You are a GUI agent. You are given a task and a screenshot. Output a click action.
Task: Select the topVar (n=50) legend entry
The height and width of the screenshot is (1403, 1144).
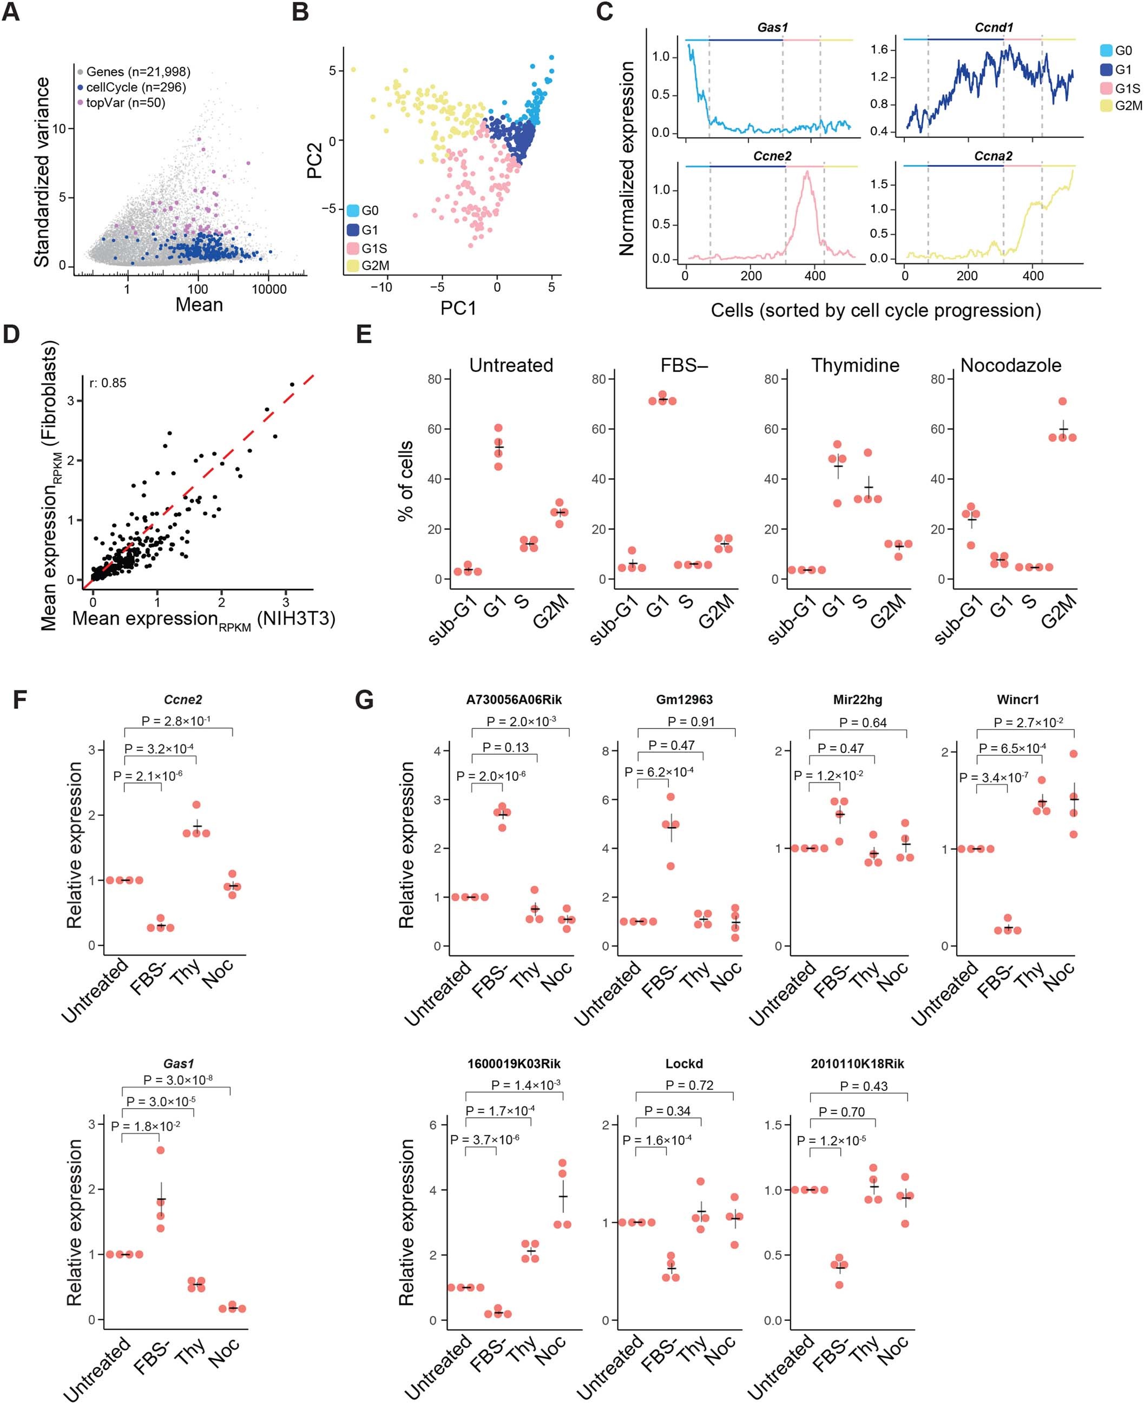(125, 103)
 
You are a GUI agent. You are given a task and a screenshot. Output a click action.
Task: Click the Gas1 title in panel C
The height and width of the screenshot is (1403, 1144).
(772, 28)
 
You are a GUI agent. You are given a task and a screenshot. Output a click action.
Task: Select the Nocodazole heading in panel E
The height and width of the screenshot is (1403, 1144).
(1010, 366)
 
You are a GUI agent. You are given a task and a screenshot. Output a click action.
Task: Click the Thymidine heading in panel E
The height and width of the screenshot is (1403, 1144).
(854, 366)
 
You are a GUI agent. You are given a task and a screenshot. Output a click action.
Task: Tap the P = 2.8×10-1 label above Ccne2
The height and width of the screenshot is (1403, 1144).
(176, 720)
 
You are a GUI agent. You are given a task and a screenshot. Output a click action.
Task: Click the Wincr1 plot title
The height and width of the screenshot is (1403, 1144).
(1017, 700)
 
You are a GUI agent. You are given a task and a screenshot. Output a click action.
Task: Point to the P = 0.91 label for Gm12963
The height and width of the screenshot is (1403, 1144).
(691, 722)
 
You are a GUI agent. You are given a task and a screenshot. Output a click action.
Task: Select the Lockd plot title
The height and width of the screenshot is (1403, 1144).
(684, 1064)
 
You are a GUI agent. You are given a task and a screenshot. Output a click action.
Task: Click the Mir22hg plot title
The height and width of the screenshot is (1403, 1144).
(857, 700)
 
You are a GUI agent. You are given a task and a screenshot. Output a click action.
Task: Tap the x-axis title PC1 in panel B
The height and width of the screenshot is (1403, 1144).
(458, 308)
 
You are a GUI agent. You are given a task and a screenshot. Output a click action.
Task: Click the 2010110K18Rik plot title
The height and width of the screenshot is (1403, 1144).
(857, 1064)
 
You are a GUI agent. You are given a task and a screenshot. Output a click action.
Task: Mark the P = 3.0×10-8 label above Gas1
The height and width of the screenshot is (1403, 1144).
(178, 1079)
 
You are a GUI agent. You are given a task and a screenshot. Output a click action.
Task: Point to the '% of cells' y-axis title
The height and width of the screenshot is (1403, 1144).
(406, 480)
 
